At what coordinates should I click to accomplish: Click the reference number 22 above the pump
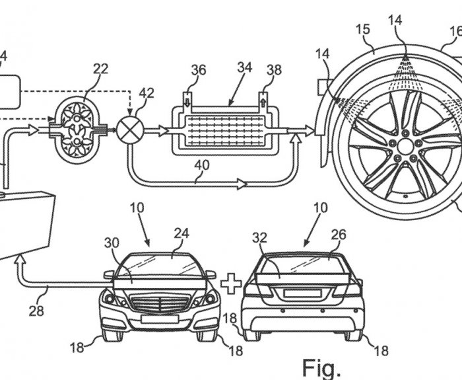pyautogui.click(x=101, y=69)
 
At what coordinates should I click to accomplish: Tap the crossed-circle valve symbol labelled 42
pyautogui.click(x=130, y=130)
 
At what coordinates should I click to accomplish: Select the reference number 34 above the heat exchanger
pyautogui.click(x=245, y=67)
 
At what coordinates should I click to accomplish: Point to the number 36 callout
pyautogui.click(x=199, y=70)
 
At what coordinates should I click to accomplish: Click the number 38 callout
pyautogui.click(x=274, y=70)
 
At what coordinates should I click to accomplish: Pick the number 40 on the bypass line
pyautogui.click(x=202, y=165)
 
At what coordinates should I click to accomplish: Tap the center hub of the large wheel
pyautogui.click(x=405, y=147)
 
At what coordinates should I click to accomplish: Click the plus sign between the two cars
pyautogui.click(x=231, y=284)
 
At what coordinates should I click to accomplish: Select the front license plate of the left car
pyautogui.click(x=160, y=319)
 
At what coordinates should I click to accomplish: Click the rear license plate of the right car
pyautogui.click(x=302, y=293)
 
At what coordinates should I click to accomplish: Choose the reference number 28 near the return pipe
pyautogui.click(x=36, y=311)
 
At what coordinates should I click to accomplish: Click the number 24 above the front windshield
pyautogui.click(x=181, y=233)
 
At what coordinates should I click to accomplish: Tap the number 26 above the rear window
pyautogui.click(x=339, y=235)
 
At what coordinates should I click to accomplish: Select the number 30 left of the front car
pyautogui.click(x=112, y=243)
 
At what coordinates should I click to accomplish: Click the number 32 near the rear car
pyautogui.click(x=259, y=238)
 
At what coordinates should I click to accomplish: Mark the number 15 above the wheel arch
pyautogui.click(x=363, y=30)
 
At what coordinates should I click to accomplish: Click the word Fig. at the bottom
pyautogui.click(x=321, y=369)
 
